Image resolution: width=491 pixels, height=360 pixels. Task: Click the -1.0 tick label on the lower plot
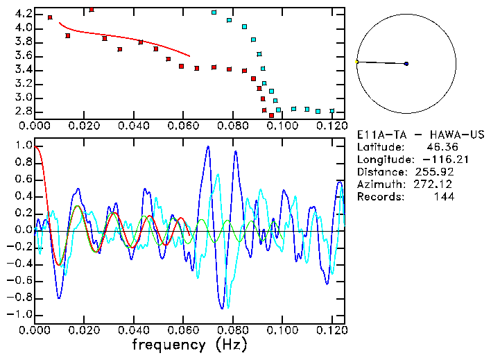pos(20,314)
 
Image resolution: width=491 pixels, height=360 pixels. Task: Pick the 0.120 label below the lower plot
pos(331,330)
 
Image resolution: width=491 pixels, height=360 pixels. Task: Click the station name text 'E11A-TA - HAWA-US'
pos(420,135)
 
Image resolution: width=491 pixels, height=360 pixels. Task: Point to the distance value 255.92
pos(438,172)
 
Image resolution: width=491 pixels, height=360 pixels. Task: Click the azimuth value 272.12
pos(438,185)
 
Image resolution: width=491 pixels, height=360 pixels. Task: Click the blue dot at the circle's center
pos(406,64)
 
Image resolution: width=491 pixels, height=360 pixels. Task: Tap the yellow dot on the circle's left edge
pos(356,62)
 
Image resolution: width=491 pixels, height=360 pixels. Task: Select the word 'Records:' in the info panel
pos(379,197)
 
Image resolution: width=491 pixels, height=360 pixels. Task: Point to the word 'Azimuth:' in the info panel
pos(379,185)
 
